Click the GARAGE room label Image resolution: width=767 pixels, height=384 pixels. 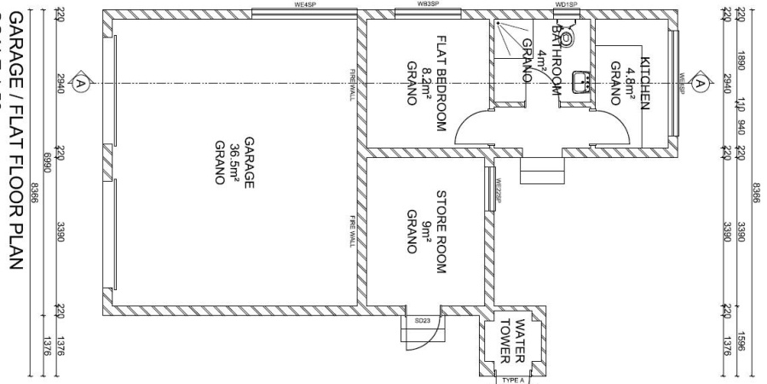point(249,159)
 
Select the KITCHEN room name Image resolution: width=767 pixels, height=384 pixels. point(645,83)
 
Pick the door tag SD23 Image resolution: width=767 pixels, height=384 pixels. point(421,322)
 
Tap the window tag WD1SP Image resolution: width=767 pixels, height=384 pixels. point(566,4)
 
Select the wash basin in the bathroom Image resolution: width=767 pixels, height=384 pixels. point(585,82)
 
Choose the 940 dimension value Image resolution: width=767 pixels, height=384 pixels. point(740,128)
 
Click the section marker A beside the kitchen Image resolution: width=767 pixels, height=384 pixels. point(701,83)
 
